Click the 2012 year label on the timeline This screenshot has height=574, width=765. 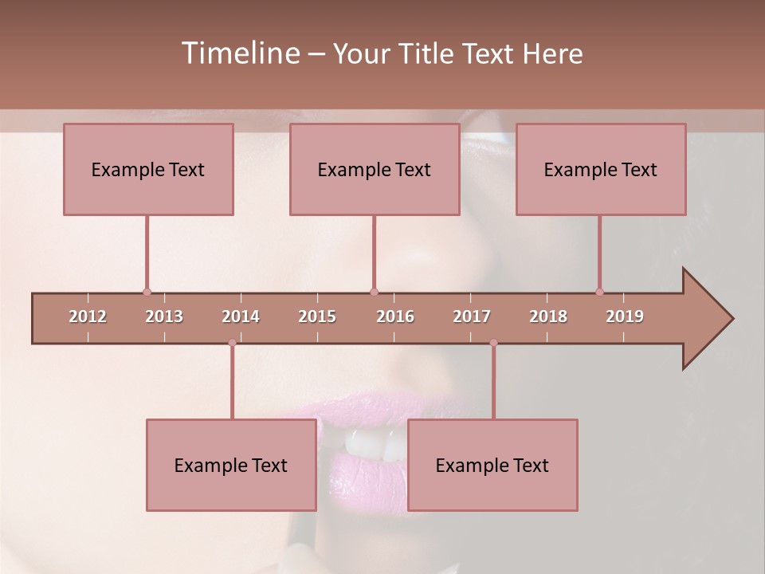tap(88, 316)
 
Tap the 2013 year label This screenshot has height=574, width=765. tap(164, 316)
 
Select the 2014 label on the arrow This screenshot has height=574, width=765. tap(241, 316)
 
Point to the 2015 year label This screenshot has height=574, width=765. tap(317, 316)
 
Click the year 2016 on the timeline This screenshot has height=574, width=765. tap(395, 316)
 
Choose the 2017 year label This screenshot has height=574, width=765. tap(472, 316)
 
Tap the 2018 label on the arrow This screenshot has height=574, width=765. tap(548, 316)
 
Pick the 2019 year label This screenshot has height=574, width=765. tap(625, 316)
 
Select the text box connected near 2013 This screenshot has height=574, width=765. tap(148, 170)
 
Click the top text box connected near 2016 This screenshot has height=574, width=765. tap(375, 170)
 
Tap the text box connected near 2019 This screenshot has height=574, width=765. tap(601, 170)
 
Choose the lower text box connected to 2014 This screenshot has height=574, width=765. tap(231, 466)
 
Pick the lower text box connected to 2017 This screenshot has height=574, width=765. tap(492, 466)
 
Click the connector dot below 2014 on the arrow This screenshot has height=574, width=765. tap(232, 343)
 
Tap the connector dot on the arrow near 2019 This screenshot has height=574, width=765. tap(599, 292)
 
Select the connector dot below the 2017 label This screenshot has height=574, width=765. tap(493, 343)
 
